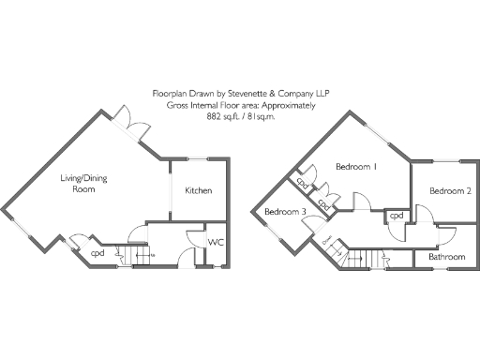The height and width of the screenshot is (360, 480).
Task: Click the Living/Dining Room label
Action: (x=79, y=183)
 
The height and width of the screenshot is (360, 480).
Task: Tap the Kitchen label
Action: (x=198, y=190)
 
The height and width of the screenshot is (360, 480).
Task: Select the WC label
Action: (x=215, y=242)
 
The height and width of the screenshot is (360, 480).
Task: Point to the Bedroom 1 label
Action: (x=356, y=168)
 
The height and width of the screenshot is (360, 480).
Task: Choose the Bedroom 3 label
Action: (x=284, y=213)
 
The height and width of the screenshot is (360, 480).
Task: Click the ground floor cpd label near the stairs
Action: (x=97, y=252)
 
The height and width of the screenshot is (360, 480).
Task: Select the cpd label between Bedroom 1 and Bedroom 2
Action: (x=397, y=216)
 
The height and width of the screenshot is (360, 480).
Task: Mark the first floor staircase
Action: (x=375, y=259)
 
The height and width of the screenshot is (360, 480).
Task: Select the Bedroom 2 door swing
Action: (x=422, y=217)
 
